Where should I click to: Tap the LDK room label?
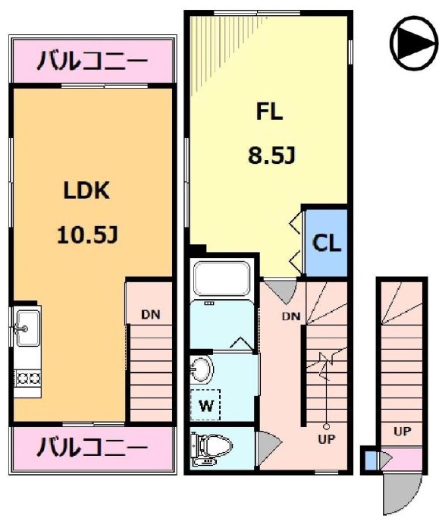pos(86,191)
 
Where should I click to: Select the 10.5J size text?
pos(86,236)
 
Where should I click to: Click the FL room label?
pos(269,112)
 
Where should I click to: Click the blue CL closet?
pos(327,244)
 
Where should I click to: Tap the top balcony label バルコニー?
pos(93,58)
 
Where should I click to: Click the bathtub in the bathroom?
pos(222,278)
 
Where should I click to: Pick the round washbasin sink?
pos(202,370)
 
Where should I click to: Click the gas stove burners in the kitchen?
pos(27,376)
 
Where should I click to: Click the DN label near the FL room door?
pos(292,316)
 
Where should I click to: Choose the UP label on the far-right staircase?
pos(402,432)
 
